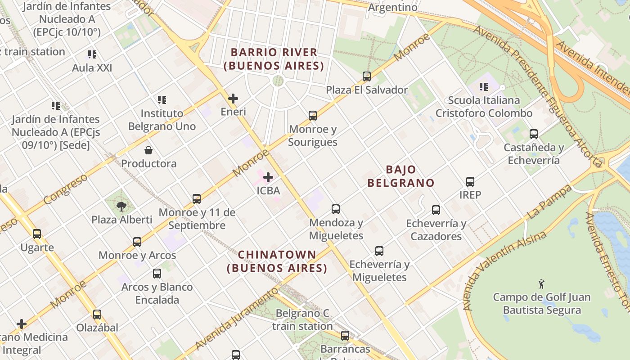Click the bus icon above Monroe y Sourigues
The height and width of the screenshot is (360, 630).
(313, 116)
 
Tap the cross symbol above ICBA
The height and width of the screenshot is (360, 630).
(268, 177)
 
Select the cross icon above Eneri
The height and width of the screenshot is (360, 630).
(233, 99)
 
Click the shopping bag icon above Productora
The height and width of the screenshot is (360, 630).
(148, 150)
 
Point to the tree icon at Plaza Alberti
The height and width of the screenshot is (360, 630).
(121, 207)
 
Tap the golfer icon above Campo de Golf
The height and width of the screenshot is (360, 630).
(541, 284)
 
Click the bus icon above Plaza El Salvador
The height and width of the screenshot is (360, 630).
(367, 76)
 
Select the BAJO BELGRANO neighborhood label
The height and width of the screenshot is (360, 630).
(401, 176)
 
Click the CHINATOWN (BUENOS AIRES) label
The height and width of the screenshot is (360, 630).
(277, 261)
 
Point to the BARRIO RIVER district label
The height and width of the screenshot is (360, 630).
(274, 59)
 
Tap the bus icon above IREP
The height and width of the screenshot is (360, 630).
(470, 182)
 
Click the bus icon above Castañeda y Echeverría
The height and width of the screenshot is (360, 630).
(534, 134)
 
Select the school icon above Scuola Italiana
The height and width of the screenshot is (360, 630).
(484, 87)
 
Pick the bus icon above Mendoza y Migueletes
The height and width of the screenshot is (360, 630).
(336, 209)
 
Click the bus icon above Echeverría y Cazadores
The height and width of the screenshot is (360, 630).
(436, 210)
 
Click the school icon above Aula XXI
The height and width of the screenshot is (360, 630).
(92, 55)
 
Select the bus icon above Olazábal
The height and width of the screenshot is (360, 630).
(97, 315)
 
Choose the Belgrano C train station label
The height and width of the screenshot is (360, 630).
(302, 319)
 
